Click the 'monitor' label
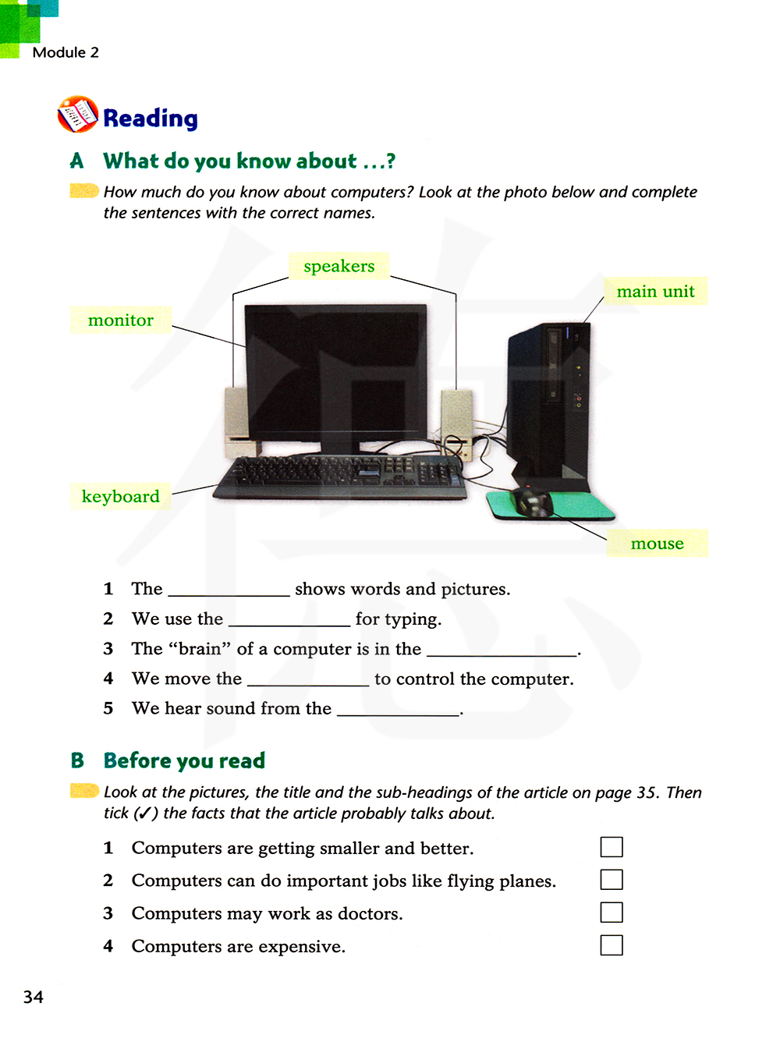pyautogui.click(x=120, y=320)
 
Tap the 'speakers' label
pyautogui.click(x=339, y=266)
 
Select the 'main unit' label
pyautogui.click(x=655, y=291)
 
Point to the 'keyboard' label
pyautogui.click(x=120, y=496)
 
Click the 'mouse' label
pyautogui.click(x=657, y=543)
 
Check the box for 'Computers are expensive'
pyautogui.click(x=612, y=945)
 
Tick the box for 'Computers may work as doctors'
pyautogui.click(x=612, y=913)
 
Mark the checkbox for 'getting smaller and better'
pyautogui.click(x=612, y=847)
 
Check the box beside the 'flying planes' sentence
pyautogui.click(x=612, y=880)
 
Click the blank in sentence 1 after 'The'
pyautogui.click(x=229, y=590)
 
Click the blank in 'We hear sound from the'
pyautogui.click(x=398, y=709)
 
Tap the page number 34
pyautogui.click(x=34, y=997)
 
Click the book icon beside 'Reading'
pyautogui.click(x=77, y=115)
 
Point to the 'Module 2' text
pyautogui.click(x=66, y=52)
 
